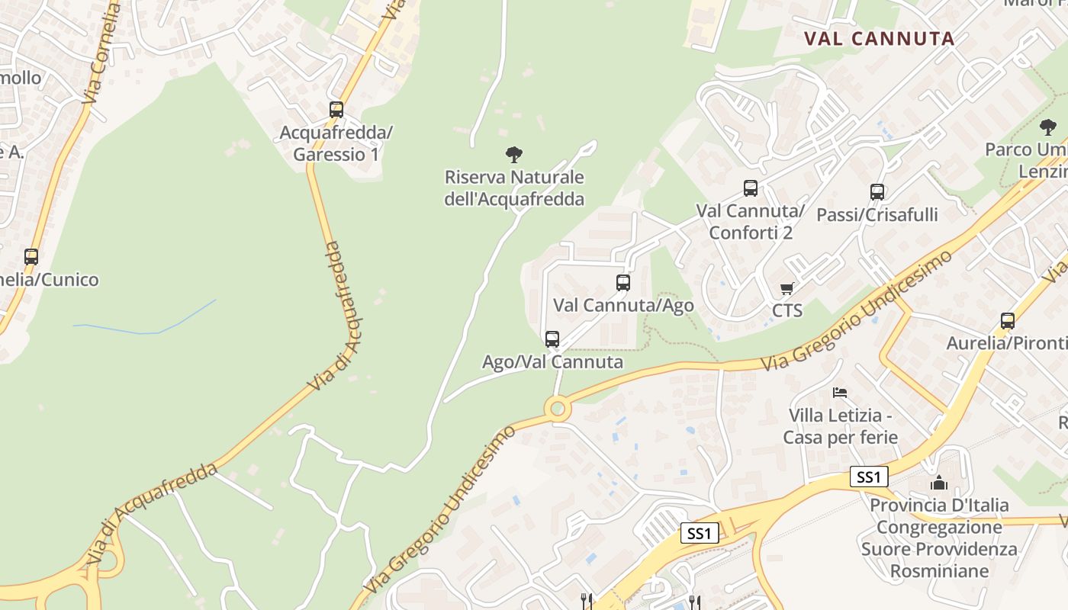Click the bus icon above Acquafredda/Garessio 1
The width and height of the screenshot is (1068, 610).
click(x=336, y=109)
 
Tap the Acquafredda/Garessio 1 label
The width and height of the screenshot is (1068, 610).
click(x=336, y=143)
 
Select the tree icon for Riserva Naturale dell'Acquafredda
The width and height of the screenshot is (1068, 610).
click(x=514, y=155)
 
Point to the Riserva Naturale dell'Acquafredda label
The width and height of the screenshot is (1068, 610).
click(x=514, y=188)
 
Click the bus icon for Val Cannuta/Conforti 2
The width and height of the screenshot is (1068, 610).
click(x=751, y=188)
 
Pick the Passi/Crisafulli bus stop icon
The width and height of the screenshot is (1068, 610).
click(x=877, y=192)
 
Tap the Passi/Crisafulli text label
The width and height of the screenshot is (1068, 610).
click(x=877, y=215)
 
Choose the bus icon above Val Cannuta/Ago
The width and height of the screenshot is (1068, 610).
click(x=623, y=283)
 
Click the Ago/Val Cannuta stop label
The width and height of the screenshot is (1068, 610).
click(x=552, y=361)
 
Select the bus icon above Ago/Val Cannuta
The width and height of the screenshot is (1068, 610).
click(x=552, y=339)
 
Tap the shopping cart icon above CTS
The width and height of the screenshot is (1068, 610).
click(x=787, y=288)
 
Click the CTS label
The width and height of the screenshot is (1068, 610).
click(x=787, y=310)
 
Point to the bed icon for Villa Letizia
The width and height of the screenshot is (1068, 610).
click(x=840, y=393)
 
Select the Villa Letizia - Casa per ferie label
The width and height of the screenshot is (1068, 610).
click(x=840, y=426)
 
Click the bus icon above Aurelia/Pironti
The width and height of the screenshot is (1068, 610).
click(x=1008, y=321)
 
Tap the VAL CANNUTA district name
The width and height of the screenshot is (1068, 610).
click(x=880, y=39)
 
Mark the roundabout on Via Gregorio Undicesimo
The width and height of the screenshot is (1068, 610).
click(x=558, y=409)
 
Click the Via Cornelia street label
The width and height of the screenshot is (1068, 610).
click(x=101, y=53)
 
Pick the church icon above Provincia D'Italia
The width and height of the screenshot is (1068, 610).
click(x=939, y=483)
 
